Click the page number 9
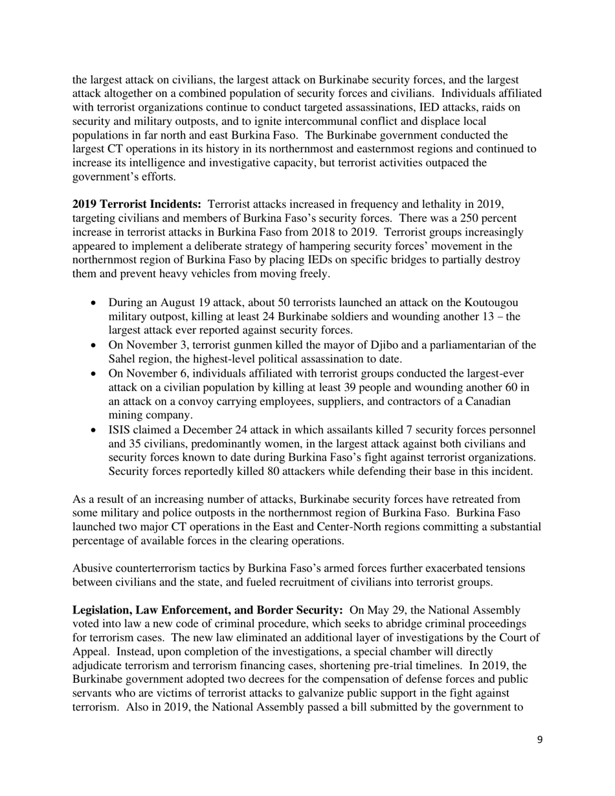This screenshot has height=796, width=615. click(540, 741)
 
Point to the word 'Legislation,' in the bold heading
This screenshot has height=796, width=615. click(102, 610)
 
